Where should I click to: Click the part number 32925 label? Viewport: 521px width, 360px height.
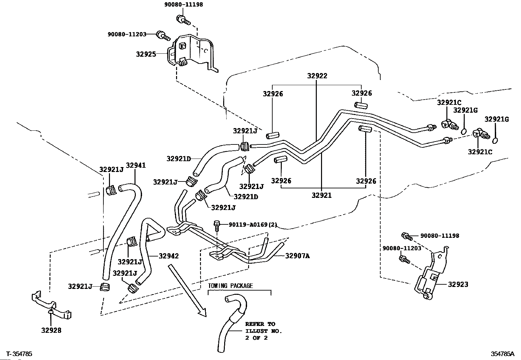coord(146,54)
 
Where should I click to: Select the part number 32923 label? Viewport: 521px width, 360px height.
coord(458,284)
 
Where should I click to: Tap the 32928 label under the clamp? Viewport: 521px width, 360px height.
coord(51,330)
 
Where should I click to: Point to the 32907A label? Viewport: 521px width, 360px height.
coord(297,256)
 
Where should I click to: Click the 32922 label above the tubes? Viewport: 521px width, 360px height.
coord(317,76)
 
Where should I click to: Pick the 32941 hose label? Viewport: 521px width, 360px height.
coord(136,165)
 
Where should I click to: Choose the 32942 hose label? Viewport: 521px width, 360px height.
coord(169,256)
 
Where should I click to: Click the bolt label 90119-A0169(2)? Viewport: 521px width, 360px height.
coord(253,224)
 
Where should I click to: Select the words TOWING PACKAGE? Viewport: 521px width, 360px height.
coord(230,286)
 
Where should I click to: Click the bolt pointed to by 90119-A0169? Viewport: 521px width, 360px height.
coord(217,225)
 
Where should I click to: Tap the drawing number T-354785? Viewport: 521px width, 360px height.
coord(19,354)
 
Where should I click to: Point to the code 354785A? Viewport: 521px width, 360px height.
coord(502,354)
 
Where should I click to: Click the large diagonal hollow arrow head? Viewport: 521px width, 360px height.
coord(202,312)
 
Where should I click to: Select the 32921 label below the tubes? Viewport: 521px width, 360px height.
coord(321,195)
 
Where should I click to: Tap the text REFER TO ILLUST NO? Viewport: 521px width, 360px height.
coord(263,327)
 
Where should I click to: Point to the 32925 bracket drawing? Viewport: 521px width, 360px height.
coord(192,53)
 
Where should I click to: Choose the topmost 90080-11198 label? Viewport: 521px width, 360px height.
coord(184,5)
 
